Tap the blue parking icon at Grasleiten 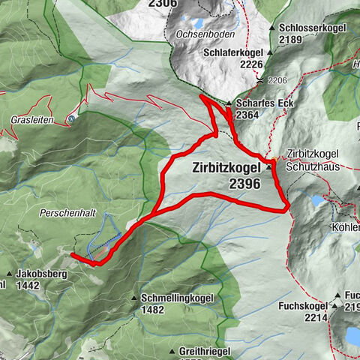pos(70,118)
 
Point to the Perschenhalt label pos(68,213)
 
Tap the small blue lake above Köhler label pos(318,200)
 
